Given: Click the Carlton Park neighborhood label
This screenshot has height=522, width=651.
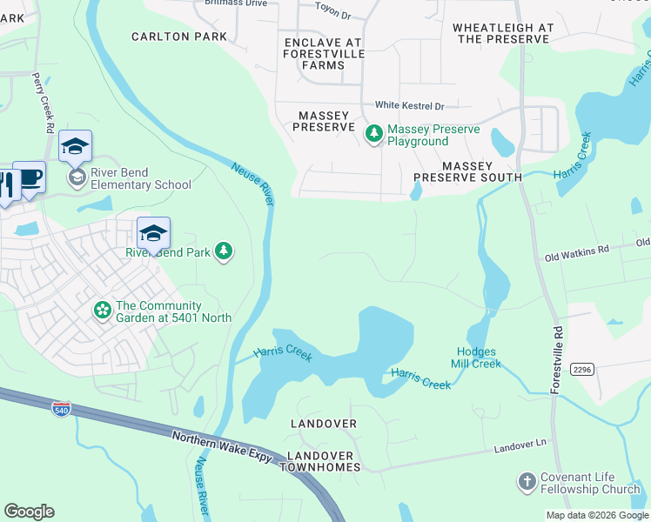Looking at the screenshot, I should click(178, 37).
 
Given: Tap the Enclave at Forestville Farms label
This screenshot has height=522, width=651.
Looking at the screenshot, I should click(322, 48).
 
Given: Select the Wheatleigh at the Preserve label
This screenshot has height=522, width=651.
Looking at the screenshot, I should click(503, 34).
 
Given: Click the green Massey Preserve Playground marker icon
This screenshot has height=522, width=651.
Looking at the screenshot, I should click(374, 133).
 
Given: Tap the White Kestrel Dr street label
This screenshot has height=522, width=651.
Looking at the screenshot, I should click(409, 106).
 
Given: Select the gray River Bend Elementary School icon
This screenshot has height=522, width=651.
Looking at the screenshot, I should click(77, 177).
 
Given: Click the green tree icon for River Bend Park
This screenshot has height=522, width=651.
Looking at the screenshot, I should click(225, 251).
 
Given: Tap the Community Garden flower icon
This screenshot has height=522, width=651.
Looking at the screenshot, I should click(103, 309).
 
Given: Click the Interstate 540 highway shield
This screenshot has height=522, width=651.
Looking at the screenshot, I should click(61, 409).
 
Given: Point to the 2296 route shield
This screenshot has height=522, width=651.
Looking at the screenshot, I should click(581, 370).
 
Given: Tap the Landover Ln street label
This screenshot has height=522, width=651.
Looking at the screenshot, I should click(520, 446).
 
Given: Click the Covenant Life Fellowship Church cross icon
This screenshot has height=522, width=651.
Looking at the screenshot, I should click(527, 482).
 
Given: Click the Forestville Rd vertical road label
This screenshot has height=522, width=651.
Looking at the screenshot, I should click(554, 360).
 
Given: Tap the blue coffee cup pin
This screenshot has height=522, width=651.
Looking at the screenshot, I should click(29, 177).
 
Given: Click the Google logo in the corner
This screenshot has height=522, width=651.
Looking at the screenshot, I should click(29, 512).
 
